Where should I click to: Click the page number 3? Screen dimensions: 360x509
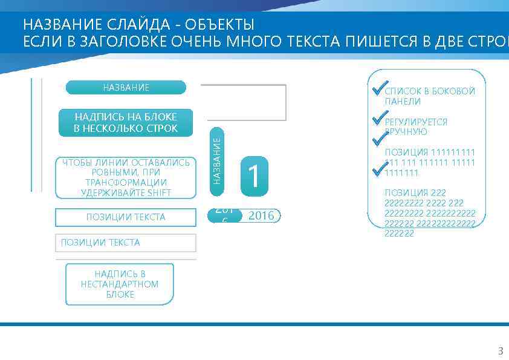point(500,351)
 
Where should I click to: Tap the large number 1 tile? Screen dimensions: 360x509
point(254,176)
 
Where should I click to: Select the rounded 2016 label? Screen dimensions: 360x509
point(261,215)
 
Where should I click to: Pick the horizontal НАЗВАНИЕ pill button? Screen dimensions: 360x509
point(126,88)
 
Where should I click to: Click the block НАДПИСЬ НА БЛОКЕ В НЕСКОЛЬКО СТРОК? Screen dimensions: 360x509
point(126,123)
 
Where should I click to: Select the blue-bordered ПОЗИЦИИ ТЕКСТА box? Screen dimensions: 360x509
point(126,217)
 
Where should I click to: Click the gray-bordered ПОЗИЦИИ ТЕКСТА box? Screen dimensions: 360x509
point(126,243)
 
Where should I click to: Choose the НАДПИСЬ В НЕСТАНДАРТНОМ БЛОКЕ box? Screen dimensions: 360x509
point(120,284)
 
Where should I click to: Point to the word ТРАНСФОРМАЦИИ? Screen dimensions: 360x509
point(126,183)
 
